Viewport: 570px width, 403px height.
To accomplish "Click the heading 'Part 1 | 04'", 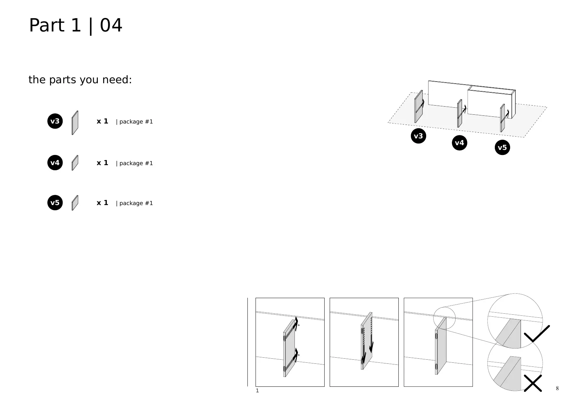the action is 76,25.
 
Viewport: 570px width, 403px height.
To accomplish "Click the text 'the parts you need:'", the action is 80,80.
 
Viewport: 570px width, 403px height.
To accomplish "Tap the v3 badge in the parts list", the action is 55,121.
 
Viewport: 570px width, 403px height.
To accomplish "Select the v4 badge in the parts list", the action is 55,163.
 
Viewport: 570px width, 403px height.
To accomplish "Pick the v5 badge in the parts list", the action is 55,203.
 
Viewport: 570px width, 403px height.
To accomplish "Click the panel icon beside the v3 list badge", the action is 75,123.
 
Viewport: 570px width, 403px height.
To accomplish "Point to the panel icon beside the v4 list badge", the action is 75,163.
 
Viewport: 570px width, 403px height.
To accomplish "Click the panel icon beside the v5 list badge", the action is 75,203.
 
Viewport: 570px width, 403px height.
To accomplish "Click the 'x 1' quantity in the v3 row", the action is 102,121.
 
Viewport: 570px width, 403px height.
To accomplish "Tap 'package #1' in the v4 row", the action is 134,163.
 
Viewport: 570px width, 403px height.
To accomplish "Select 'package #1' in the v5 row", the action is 134,203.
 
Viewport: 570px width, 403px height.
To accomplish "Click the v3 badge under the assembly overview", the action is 418,136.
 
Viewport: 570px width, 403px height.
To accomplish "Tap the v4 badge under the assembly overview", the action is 459,143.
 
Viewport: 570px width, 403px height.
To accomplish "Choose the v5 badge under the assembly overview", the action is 502,148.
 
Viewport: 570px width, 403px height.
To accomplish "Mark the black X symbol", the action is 533,383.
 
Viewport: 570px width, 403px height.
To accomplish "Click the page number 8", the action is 557,388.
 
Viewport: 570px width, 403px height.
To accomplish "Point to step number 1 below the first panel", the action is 257,391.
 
